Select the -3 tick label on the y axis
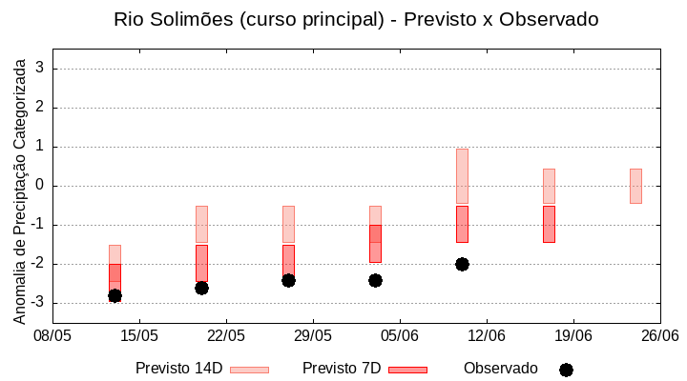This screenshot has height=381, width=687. (37, 303)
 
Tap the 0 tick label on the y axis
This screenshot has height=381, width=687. (40, 186)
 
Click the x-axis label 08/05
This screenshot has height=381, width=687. (52, 335)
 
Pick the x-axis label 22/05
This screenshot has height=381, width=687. (226, 335)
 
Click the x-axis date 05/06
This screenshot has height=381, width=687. (400, 335)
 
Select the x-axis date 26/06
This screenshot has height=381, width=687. (659, 335)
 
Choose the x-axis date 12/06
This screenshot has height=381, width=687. (487, 335)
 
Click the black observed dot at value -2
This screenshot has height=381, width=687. (462, 264)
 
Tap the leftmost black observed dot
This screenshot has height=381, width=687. (114, 296)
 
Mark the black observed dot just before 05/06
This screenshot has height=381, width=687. (375, 280)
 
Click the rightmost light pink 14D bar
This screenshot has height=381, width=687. (635, 186)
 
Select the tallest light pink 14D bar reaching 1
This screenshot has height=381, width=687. (462, 176)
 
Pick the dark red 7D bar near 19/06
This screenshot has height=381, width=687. (549, 224)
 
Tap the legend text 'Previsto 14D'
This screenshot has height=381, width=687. (178, 369)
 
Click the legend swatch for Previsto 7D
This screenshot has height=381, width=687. (407, 370)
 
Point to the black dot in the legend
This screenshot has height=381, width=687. (566, 370)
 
